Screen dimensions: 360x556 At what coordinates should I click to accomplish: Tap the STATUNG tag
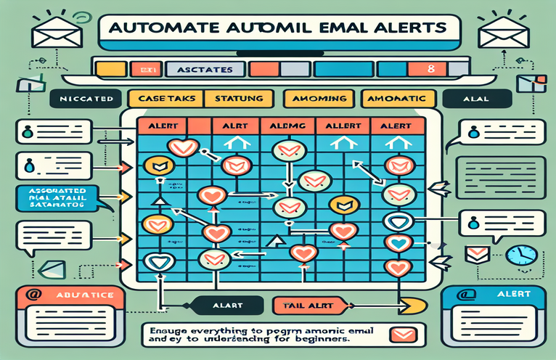238,97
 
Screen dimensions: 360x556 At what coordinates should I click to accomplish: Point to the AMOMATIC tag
400,97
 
